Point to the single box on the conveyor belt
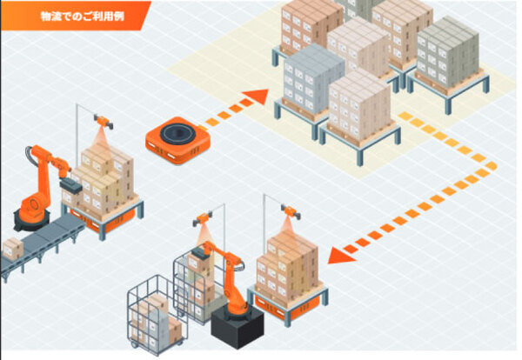coord(12,249)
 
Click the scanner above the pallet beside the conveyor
coord(103,123)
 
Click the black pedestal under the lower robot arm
coord(236,326)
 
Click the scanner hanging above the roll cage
coord(205,222)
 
